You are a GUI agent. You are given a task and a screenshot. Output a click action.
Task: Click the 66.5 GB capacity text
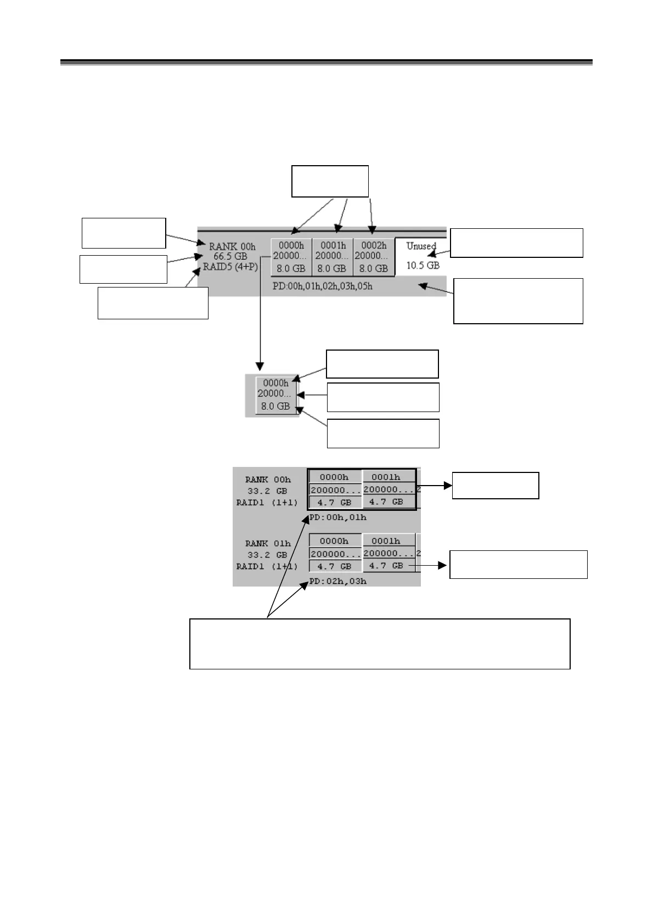(230, 256)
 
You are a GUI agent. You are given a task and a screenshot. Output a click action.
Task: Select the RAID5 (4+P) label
(230, 267)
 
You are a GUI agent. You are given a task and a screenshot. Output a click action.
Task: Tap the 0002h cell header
(374, 246)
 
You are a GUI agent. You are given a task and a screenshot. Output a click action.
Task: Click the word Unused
(421, 246)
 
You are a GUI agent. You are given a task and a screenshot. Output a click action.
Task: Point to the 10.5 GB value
(423, 266)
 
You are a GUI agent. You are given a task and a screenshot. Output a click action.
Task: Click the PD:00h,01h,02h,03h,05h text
(323, 286)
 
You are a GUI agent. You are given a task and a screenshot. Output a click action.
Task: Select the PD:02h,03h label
(338, 581)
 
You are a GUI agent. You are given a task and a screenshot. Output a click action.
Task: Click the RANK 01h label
(268, 543)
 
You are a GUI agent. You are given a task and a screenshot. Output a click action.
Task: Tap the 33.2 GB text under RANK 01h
(267, 555)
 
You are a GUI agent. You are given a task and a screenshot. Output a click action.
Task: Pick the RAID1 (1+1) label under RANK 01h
(267, 566)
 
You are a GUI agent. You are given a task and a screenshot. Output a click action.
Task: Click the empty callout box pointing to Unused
(516, 243)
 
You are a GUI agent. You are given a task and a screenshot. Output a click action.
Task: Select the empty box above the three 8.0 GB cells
(330, 181)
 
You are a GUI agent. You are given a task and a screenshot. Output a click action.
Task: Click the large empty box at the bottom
(380, 644)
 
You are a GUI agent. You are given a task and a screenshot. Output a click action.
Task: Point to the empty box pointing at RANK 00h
(123, 233)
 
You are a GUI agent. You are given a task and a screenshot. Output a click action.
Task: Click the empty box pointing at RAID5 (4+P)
(153, 302)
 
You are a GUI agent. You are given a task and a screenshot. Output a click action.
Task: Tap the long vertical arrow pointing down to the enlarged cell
(260, 313)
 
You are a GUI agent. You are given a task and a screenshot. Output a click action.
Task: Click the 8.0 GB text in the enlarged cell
(275, 407)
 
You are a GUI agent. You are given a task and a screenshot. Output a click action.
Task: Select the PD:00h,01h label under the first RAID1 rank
(338, 517)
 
